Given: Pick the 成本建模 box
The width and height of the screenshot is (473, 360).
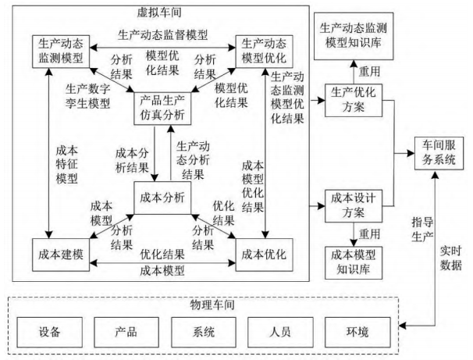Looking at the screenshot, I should pos(62,254).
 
